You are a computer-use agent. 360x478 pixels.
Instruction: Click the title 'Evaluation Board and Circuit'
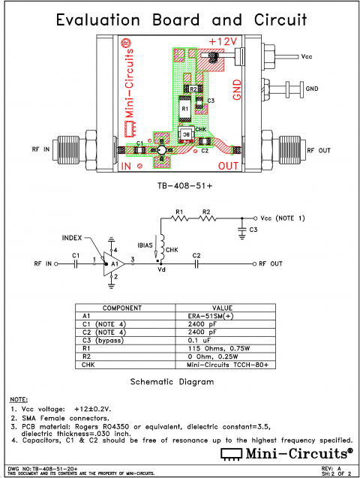click(x=180, y=19)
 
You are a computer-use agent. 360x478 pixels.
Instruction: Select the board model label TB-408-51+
click(x=181, y=184)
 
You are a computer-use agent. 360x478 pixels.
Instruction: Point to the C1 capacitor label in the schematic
click(x=76, y=256)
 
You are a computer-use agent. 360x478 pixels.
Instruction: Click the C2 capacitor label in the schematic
click(x=196, y=256)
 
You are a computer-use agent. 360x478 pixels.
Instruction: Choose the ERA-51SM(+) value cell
click(x=232, y=317)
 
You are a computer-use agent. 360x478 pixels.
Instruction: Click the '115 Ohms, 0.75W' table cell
click(x=232, y=349)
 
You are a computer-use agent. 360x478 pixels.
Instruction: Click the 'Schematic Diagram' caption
click(x=177, y=381)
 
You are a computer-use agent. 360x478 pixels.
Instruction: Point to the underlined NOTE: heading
click(x=18, y=398)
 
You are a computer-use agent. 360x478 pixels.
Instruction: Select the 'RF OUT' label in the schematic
click(x=270, y=264)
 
